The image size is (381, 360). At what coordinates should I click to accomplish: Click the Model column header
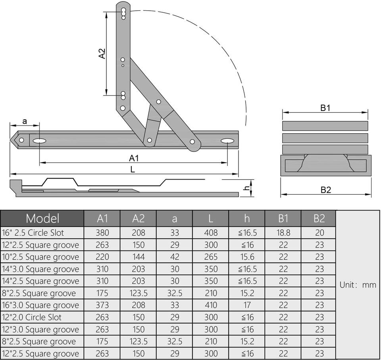pyautogui.click(x=42, y=218)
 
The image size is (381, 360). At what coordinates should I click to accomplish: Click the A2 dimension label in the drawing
pyautogui.click(x=102, y=54)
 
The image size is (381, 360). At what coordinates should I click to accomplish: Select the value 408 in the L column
pyautogui.click(x=211, y=233)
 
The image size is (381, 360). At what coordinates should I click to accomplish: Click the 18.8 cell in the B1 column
pyautogui.click(x=283, y=233)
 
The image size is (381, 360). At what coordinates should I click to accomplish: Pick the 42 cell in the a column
pyautogui.click(x=175, y=257)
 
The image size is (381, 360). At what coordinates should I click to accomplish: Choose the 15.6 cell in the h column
pyautogui.click(x=247, y=257)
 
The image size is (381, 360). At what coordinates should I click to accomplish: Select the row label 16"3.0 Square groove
pyautogui.click(x=40, y=305)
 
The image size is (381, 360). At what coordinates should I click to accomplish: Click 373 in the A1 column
pyautogui.click(x=102, y=305)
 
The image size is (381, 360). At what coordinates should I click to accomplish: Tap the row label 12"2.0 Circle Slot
pyautogui.click(x=32, y=317)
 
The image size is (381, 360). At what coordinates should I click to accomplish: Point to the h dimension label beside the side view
pyautogui.click(x=246, y=188)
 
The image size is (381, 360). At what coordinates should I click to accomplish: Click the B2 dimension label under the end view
pyautogui.click(x=325, y=190)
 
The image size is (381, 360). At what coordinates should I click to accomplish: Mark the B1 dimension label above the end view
pyautogui.click(x=325, y=107)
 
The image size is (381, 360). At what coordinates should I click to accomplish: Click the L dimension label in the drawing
pyautogui.click(x=133, y=169)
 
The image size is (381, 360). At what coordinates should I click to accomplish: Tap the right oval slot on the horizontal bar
pyautogui.click(x=227, y=141)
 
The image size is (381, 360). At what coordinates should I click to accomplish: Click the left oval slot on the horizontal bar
pyautogui.click(x=39, y=141)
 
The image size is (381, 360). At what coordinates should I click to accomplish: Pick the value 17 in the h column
pyautogui.click(x=247, y=305)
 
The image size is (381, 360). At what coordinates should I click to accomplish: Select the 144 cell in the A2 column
pyautogui.click(x=138, y=257)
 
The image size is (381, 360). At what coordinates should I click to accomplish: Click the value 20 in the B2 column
pyautogui.click(x=319, y=233)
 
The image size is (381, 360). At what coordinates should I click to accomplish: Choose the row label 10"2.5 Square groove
pyautogui.click(x=40, y=257)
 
